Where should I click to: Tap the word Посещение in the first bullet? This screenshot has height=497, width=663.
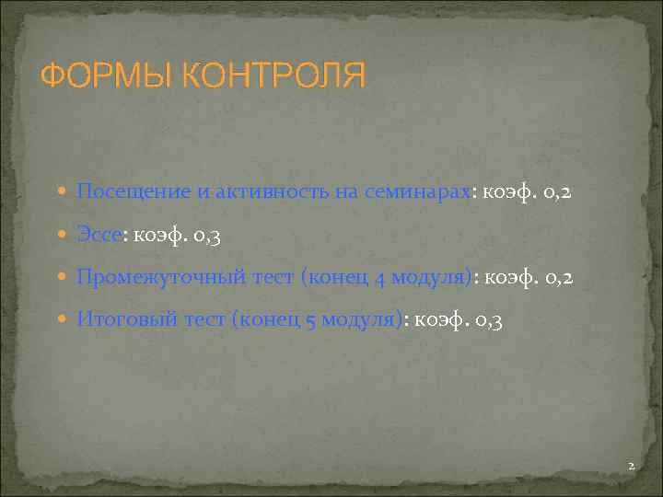click(x=131, y=192)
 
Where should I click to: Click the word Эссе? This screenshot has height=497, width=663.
click(x=99, y=235)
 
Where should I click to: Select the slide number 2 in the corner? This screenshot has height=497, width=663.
click(x=631, y=467)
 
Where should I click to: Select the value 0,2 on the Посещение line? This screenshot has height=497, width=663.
click(x=554, y=193)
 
